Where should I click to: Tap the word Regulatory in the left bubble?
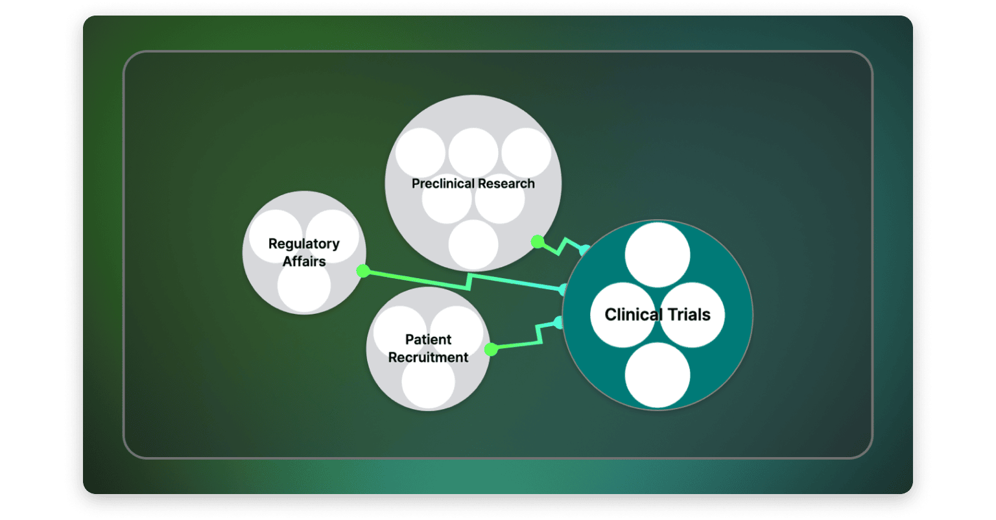pyautogui.click(x=303, y=244)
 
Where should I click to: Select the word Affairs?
pyautogui.click(x=303, y=261)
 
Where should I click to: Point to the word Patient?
pyautogui.click(x=428, y=339)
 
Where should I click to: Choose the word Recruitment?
pyautogui.click(x=428, y=357)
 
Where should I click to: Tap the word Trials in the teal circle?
pyautogui.click(x=689, y=314)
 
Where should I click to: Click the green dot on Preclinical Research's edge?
pyautogui.click(x=538, y=242)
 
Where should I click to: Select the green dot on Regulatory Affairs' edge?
pyautogui.click(x=363, y=271)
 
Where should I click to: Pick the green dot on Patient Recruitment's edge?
pyautogui.click(x=491, y=349)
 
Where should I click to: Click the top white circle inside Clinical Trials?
pyautogui.click(x=657, y=255)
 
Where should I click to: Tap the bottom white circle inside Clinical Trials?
pyautogui.click(x=657, y=375)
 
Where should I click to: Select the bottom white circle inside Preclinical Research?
pyautogui.click(x=473, y=244)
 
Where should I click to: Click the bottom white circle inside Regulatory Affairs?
pyautogui.click(x=304, y=288)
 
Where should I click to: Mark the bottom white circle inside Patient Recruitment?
pyautogui.click(x=428, y=384)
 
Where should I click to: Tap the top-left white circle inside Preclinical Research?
pyautogui.click(x=421, y=152)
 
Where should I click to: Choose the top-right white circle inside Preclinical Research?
pyautogui.click(x=526, y=152)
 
